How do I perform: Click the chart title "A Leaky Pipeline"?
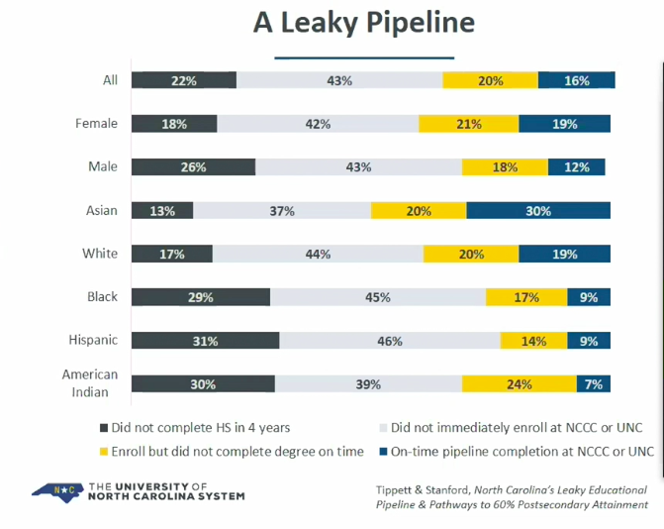coord(363,23)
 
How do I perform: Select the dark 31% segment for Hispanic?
coord(205,341)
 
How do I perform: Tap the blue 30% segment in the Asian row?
coord(537,210)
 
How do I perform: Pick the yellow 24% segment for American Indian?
coord(519,384)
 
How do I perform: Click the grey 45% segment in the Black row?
coord(377,297)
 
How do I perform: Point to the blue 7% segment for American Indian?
coord(594,384)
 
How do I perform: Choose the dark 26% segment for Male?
coord(193,167)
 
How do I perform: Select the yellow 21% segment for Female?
coord(468,124)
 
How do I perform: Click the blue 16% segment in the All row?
coord(577,80)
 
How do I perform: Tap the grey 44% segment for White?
coord(318,254)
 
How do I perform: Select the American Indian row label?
coord(90,383)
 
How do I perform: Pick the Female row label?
coord(96,124)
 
